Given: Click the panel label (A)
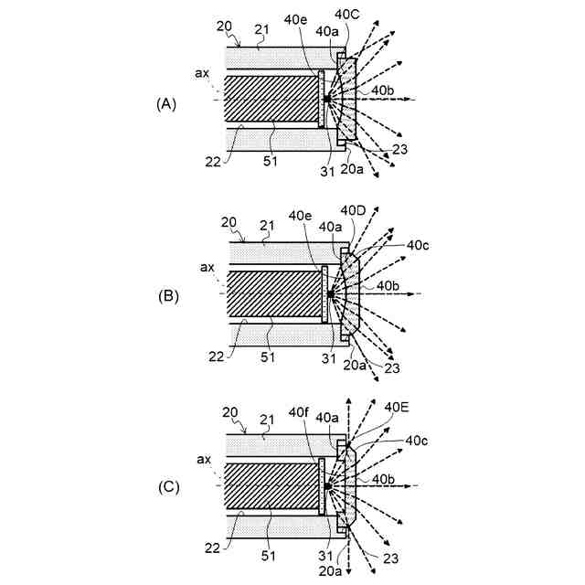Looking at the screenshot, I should pos(165,104).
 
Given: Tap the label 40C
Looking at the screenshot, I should pos(348,14).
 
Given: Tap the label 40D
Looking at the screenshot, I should pos(353,211).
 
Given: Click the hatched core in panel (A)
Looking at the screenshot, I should pos(271,99).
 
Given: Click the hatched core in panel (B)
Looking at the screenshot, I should pos(271,295).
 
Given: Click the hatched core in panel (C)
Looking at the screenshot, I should pos(271,487).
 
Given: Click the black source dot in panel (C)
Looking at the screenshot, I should pos(326,486).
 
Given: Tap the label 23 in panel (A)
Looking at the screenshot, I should pos(399,150).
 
